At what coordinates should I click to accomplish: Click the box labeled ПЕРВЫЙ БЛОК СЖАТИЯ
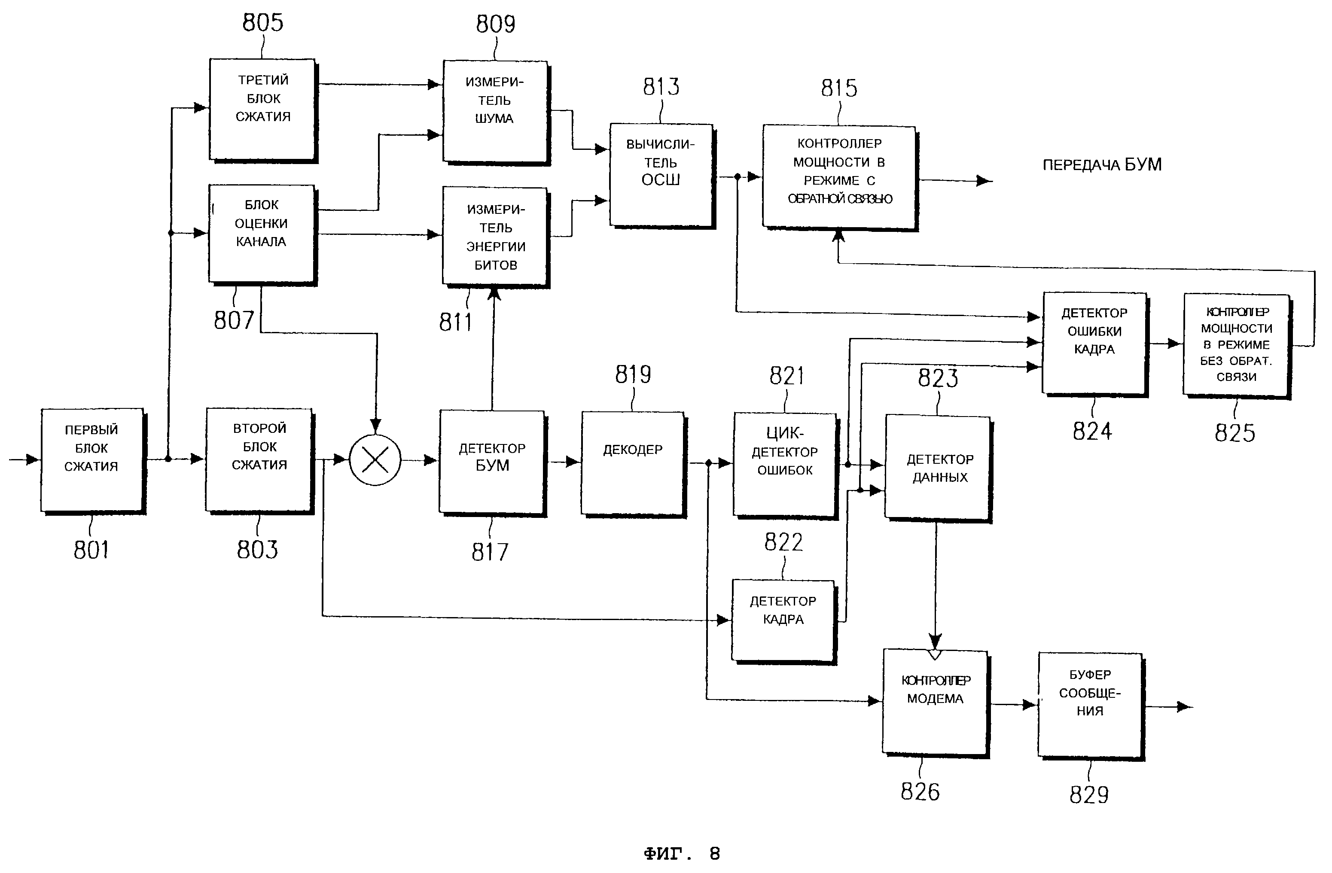(x=92, y=460)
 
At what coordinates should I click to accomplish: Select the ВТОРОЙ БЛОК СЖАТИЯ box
(x=259, y=459)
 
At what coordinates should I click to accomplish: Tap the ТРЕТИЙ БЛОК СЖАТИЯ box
(x=262, y=109)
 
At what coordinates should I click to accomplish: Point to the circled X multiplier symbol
(x=375, y=460)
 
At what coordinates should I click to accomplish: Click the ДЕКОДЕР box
(x=632, y=463)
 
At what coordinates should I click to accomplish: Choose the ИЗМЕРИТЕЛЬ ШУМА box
(x=495, y=111)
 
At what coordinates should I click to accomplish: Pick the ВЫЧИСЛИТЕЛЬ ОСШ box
(x=661, y=175)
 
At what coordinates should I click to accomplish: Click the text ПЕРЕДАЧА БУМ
(x=1101, y=164)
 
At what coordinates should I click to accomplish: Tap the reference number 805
(x=262, y=23)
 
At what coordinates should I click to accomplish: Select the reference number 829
(x=1088, y=795)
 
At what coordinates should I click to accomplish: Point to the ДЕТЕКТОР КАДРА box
(x=783, y=620)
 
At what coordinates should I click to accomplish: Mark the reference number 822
(x=783, y=542)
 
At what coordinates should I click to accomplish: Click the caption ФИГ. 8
(x=681, y=853)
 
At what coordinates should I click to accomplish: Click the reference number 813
(x=661, y=87)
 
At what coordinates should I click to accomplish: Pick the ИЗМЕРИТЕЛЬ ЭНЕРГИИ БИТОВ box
(x=495, y=236)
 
